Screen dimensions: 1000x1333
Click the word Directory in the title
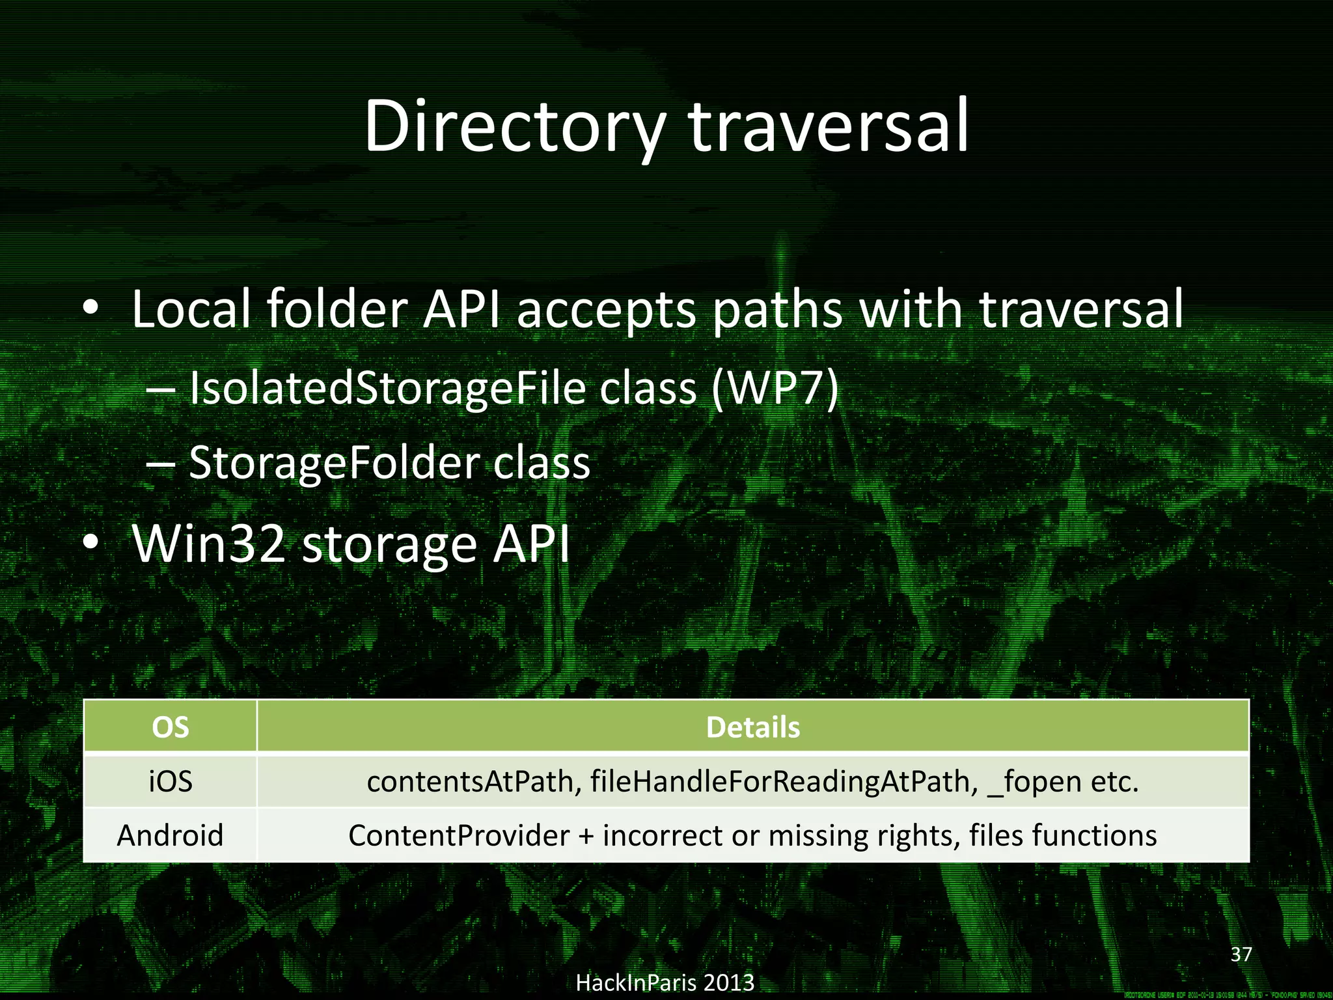tap(514, 127)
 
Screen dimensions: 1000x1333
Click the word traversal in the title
tap(828, 127)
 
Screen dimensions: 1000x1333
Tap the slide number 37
tap(1241, 954)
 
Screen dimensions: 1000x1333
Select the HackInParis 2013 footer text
tap(665, 982)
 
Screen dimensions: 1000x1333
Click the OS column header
tap(170, 727)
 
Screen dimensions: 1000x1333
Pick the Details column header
tap(752, 727)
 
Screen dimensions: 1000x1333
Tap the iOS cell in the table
tap(170, 781)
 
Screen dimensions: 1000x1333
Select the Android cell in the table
tap(170, 835)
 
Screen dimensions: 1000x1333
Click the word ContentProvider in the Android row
tap(458, 835)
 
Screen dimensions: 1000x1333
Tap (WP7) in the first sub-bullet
tap(775, 389)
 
